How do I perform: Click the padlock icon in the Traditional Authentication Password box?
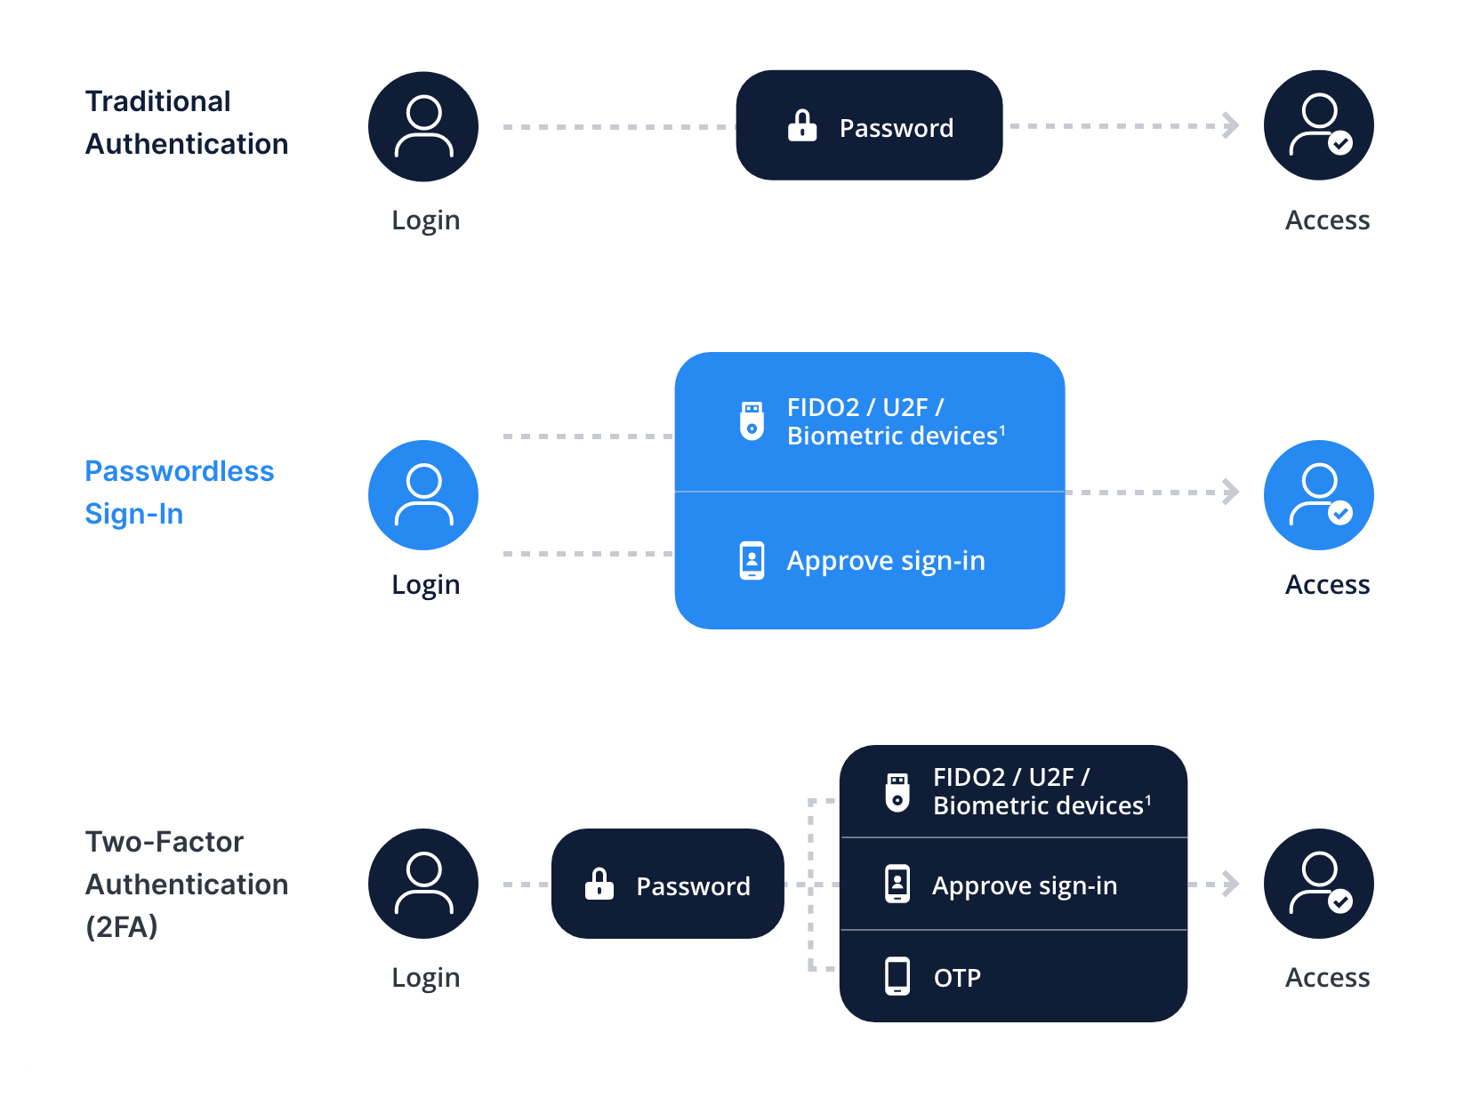click(801, 126)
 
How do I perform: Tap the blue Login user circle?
click(423, 495)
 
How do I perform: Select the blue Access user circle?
click(1318, 495)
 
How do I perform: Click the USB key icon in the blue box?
click(752, 420)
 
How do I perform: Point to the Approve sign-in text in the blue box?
click(886, 561)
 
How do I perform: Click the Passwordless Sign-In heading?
click(179, 492)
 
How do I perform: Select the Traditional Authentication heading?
click(186, 123)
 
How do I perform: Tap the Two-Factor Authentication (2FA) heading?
click(186, 884)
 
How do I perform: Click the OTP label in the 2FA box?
click(957, 978)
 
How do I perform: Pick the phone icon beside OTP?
click(897, 976)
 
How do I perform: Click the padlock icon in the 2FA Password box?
click(599, 885)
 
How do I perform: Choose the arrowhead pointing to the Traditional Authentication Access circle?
click(1231, 125)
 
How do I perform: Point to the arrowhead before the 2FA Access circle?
click(1231, 884)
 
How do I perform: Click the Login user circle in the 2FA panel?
click(423, 884)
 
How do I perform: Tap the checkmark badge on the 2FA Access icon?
click(1340, 901)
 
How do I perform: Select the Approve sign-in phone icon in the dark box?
click(897, 884)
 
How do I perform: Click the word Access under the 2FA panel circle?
click(1327, 978)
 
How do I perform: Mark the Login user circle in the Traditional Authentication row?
click(423, 126)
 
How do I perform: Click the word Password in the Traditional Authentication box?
click(896, 129)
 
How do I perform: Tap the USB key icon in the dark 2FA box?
click(897, 791)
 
